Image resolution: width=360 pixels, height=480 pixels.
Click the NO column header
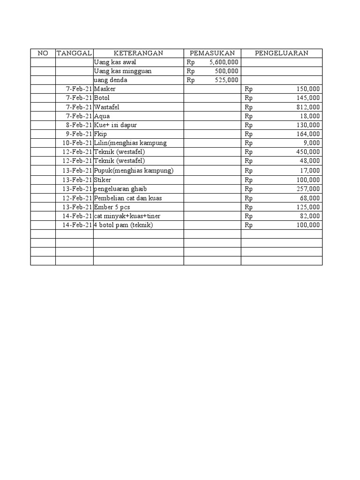pos(43,53)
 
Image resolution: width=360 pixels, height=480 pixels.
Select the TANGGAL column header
pos(75,53)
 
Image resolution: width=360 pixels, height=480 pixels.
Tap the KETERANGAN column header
pos(138,53)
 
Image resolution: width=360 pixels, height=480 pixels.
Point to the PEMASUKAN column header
pos(212,53)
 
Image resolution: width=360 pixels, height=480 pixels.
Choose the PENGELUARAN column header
pos(281,53)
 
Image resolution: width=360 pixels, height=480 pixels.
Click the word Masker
pos(105,89)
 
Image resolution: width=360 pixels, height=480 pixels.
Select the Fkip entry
pos(101,134)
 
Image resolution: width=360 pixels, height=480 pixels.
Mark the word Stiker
pos(103,180)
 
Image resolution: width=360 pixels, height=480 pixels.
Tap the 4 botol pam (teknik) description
pos(123,225)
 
